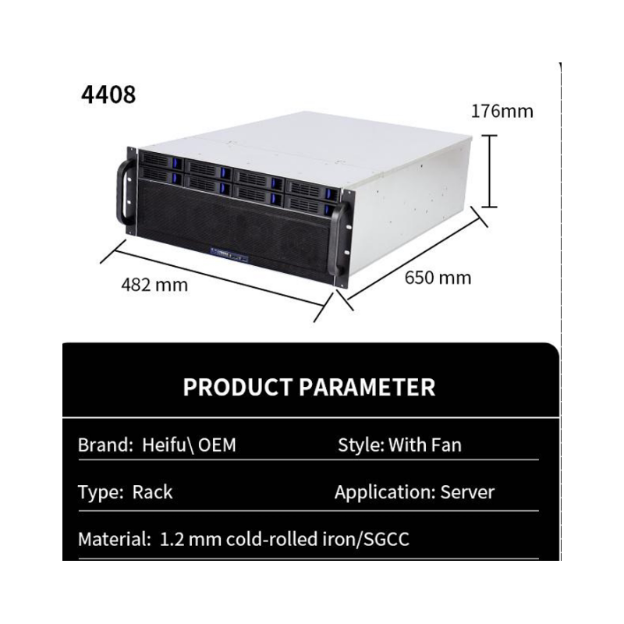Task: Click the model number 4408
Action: [108, 94]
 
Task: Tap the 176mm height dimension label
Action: [502, 111]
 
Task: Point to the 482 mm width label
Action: [154, 285]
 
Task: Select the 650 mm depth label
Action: [438, 277]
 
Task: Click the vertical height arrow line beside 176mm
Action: [488, 171]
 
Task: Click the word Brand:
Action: [105, 445]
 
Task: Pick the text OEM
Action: [218, 445]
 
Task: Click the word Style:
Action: [360, 445]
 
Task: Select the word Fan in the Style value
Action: [446, 445]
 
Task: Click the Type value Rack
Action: [152, 492]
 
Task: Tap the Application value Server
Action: [467, 492]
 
